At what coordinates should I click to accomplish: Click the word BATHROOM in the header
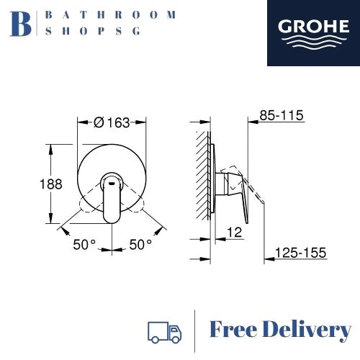(x=109, y=14)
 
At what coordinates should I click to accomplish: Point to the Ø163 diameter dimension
(x=112, y=122)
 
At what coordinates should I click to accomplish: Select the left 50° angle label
(x=84, y=245)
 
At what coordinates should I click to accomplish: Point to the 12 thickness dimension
(x=233, y=232)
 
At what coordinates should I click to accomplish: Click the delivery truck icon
(x=164, y=330)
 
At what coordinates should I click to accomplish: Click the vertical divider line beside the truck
(x=195, y=330)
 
